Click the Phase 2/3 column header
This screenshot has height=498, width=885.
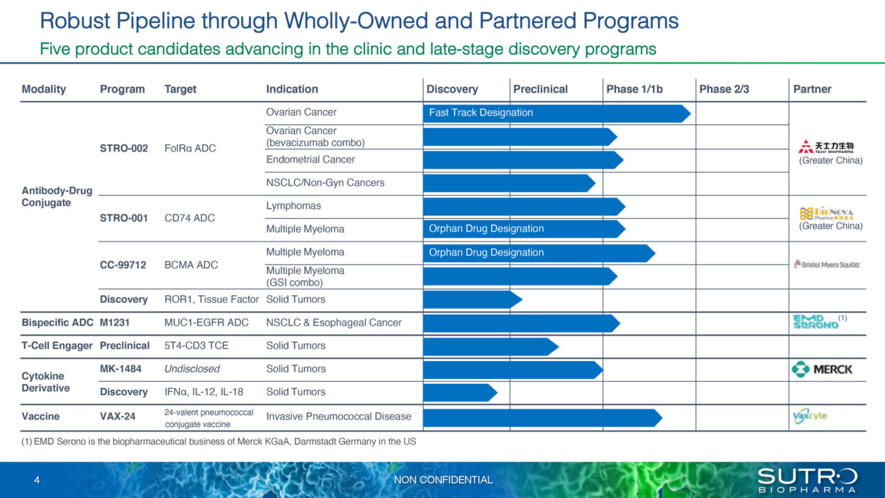(724, 89)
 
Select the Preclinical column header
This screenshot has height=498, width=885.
(540, 89)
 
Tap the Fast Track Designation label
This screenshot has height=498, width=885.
(481, 113)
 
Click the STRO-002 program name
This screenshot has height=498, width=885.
(124, 148)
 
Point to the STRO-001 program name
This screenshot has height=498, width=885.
(124, 218)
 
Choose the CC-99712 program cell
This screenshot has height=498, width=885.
(123, 264)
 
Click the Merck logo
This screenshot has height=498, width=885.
(822, 369)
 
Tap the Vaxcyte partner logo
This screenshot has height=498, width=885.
(810, 416)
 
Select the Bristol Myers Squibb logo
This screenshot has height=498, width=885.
(827, 264)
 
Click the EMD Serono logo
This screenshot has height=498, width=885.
(816, 322)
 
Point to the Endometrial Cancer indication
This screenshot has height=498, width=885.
(310, 159)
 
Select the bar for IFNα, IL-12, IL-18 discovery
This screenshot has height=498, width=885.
(458, 392)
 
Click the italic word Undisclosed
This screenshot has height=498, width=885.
(192, 369)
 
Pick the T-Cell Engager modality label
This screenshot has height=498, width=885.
(57, 345)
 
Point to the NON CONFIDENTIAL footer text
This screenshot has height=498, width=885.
(443, 479)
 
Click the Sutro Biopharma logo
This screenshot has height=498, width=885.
(807, 479)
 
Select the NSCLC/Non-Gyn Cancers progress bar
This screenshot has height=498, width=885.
(508, 183)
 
